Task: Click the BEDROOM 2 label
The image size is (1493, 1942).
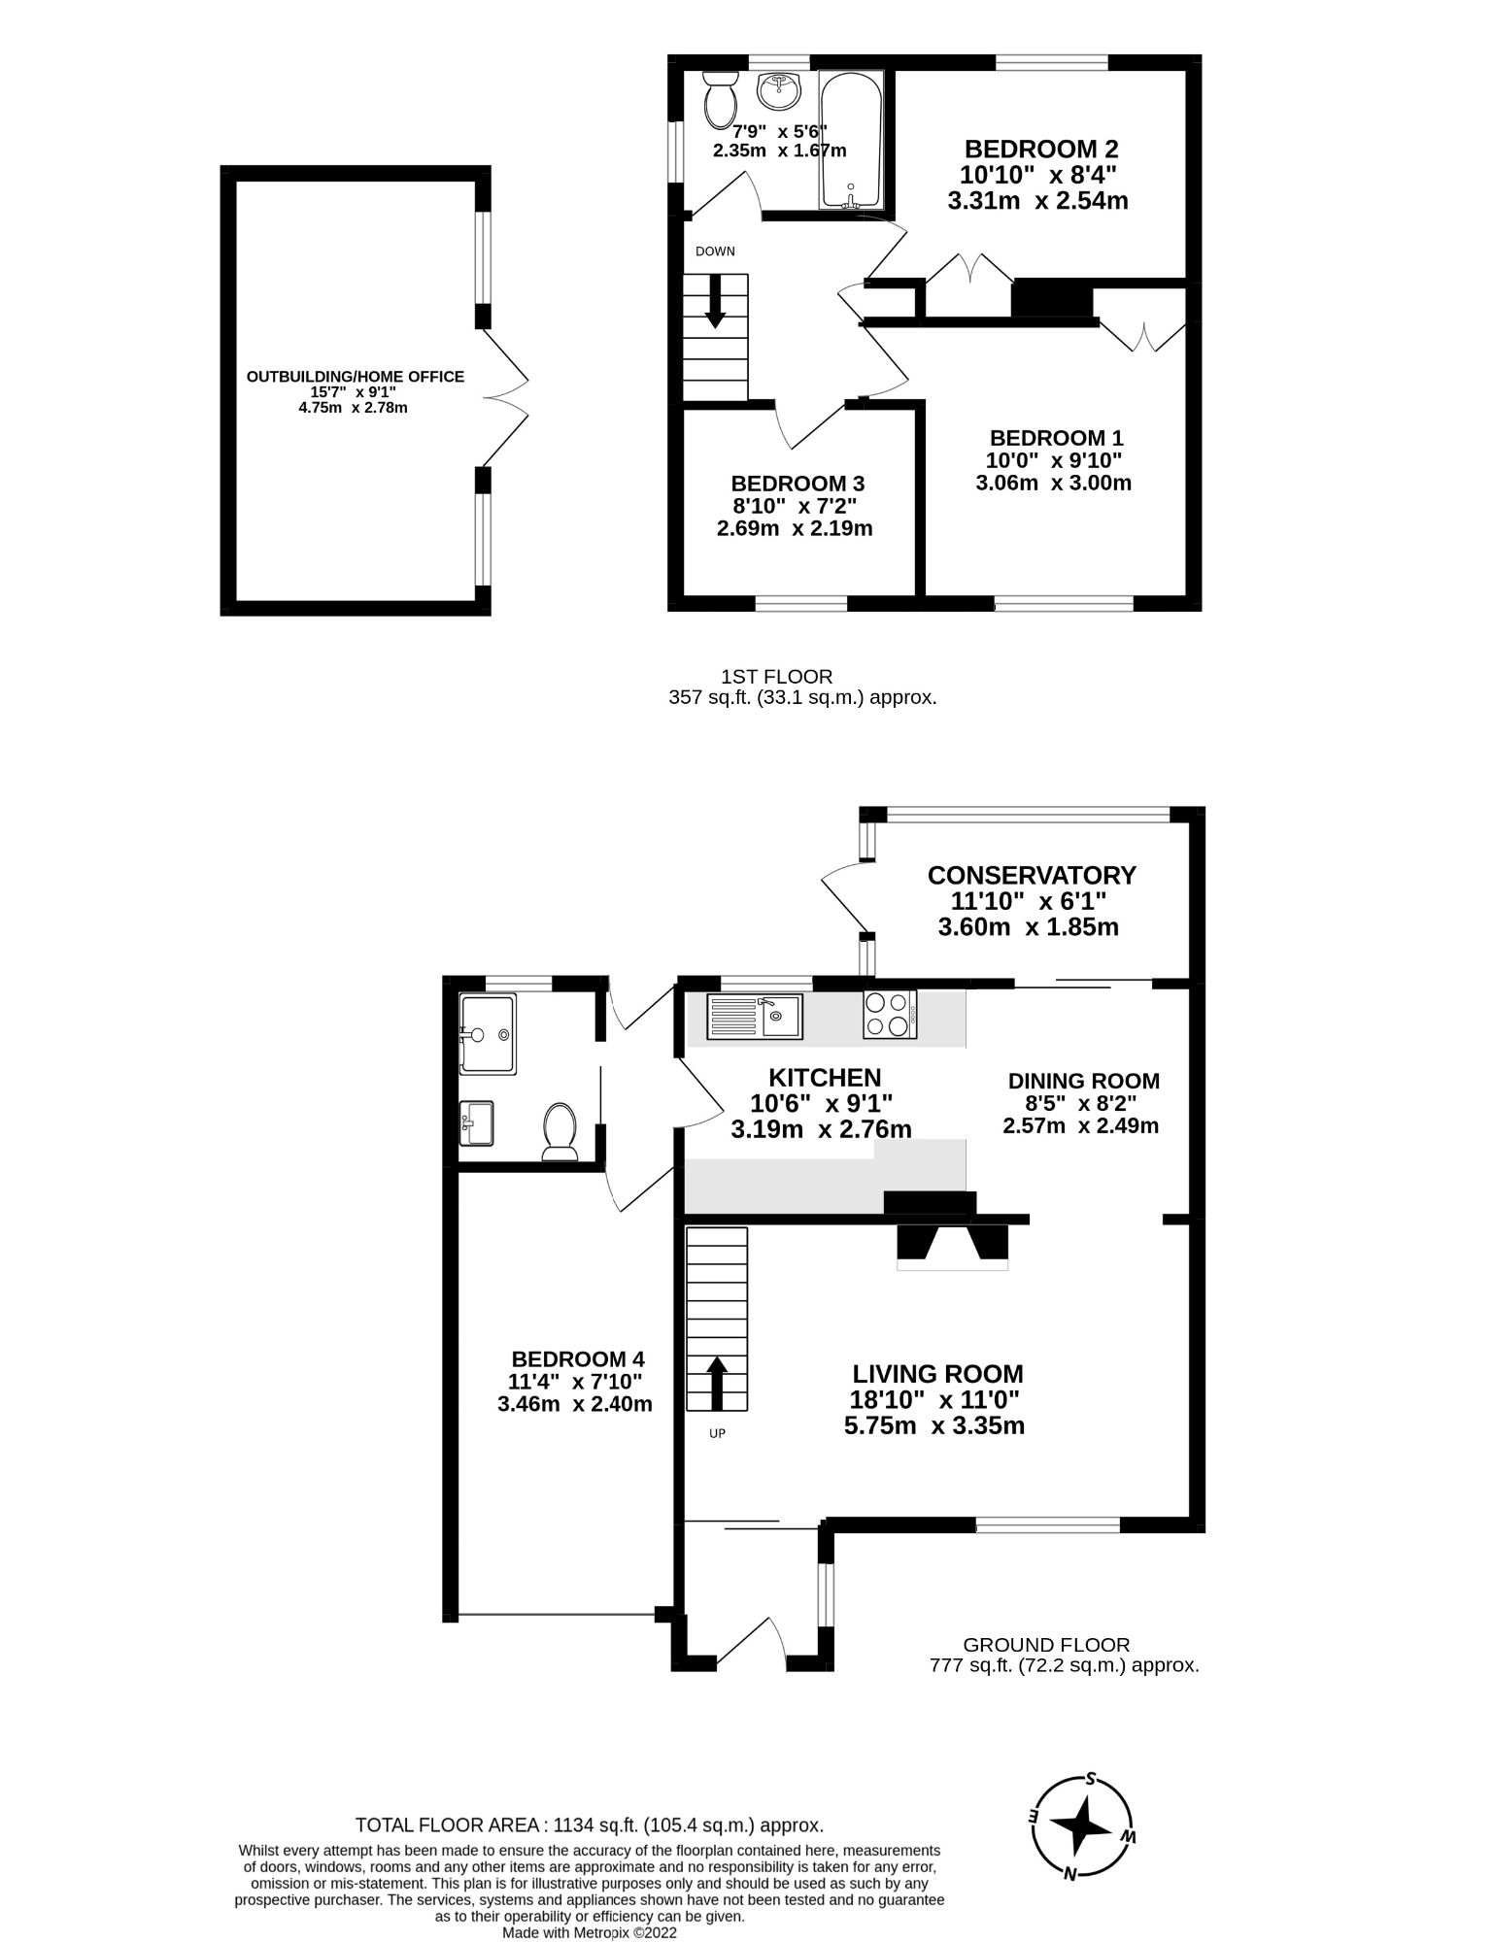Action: (x=1040, y=150)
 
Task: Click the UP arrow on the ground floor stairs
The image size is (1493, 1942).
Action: (x=717, y=1383)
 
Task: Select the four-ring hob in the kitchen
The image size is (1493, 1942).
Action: (x=889, y=1014)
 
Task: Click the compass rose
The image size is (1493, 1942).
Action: (x=1082, y=1827)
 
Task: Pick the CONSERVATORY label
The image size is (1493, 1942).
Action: (x=1032, y=875)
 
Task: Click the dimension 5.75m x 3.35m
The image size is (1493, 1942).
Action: (x=934, y=1425)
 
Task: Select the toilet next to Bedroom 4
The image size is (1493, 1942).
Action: (x=560, y=1131)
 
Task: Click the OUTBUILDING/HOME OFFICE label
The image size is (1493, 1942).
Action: (x=355, y=377)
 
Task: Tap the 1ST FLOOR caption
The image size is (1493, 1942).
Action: (x=776, y=677)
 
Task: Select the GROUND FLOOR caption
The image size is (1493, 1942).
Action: (x=1046, y=1645)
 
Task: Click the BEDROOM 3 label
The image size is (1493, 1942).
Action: (x=797, y=484)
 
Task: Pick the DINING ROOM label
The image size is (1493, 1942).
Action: (x=1083, y=1081)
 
